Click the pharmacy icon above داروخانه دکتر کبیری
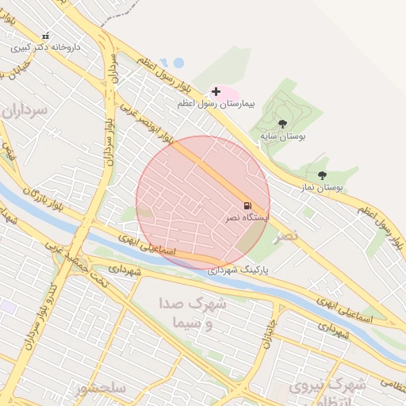[45, 36]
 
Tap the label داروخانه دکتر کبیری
[46, 48]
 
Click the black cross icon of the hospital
[216, 92]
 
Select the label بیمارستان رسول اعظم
[217, 104]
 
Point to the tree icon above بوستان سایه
[282, 124]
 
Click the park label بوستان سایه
[283, 136]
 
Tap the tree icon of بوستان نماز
[321, 175]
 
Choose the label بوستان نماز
[321, 188]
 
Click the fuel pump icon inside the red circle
[247, 205]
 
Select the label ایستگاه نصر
[247, 217]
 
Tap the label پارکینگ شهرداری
[238, 270]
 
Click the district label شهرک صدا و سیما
[197, 313]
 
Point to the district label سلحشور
[101, 389]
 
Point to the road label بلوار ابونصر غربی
[147, 119]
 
